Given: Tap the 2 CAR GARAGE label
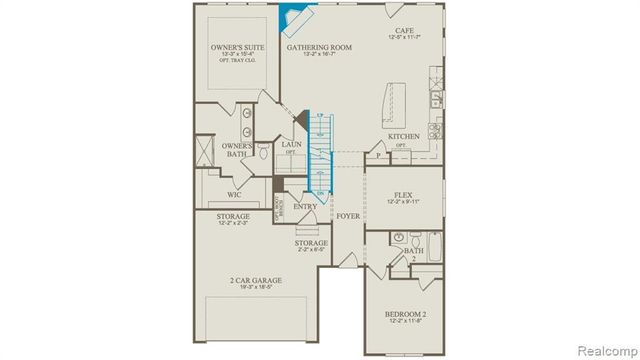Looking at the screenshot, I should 254,281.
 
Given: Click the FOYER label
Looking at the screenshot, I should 347,215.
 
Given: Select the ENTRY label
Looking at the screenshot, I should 305,207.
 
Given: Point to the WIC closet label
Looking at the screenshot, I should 232,195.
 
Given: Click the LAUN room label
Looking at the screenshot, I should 291,145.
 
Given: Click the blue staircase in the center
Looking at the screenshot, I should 317,155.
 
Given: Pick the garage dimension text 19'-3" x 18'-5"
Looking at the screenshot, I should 254,289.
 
